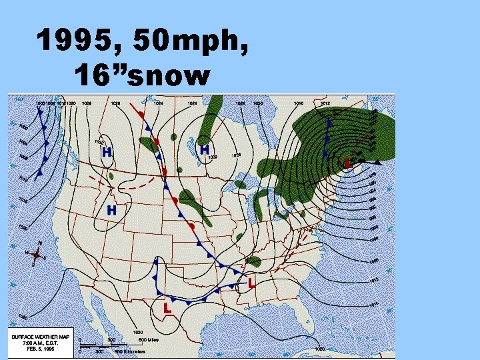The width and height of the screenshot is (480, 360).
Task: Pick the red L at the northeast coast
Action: coord(348,163)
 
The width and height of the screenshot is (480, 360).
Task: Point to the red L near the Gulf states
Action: coord(251,283)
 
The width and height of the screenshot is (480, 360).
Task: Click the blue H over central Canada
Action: coord(205,150)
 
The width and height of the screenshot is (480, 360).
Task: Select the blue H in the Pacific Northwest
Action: coord(106,152)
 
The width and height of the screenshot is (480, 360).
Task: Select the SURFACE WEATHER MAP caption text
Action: coord(41,337)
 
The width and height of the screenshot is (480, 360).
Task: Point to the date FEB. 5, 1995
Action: coord(41,349)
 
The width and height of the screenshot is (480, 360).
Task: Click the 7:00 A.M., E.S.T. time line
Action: coord(41,343)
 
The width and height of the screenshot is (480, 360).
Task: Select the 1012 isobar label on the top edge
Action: coord(325,103)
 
